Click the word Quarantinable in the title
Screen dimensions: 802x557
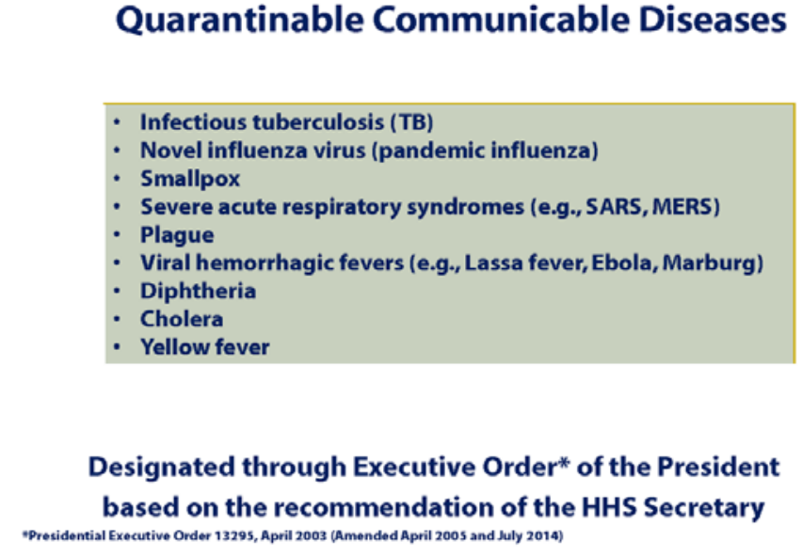239,21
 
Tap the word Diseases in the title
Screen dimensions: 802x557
713,20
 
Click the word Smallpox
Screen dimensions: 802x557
190,180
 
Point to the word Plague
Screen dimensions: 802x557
177,235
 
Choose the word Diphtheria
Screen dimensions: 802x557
198,292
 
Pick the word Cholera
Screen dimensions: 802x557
182,319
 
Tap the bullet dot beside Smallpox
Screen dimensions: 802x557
117,179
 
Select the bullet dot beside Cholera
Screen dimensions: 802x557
117,319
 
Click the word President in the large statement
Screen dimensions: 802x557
718,467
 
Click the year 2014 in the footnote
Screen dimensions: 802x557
547,536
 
